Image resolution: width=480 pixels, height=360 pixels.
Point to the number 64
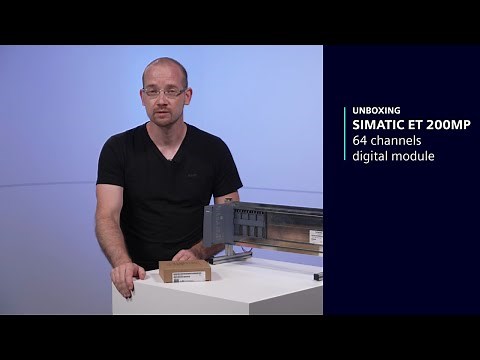[358, 141]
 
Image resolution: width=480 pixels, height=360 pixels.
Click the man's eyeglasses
[163, 92]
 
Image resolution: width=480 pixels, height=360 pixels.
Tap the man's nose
[163, 100]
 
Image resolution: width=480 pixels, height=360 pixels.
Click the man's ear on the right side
[186, 92]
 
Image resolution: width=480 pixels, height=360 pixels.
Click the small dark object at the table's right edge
[318, 275]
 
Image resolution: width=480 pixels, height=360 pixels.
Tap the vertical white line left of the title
[343, 133]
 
